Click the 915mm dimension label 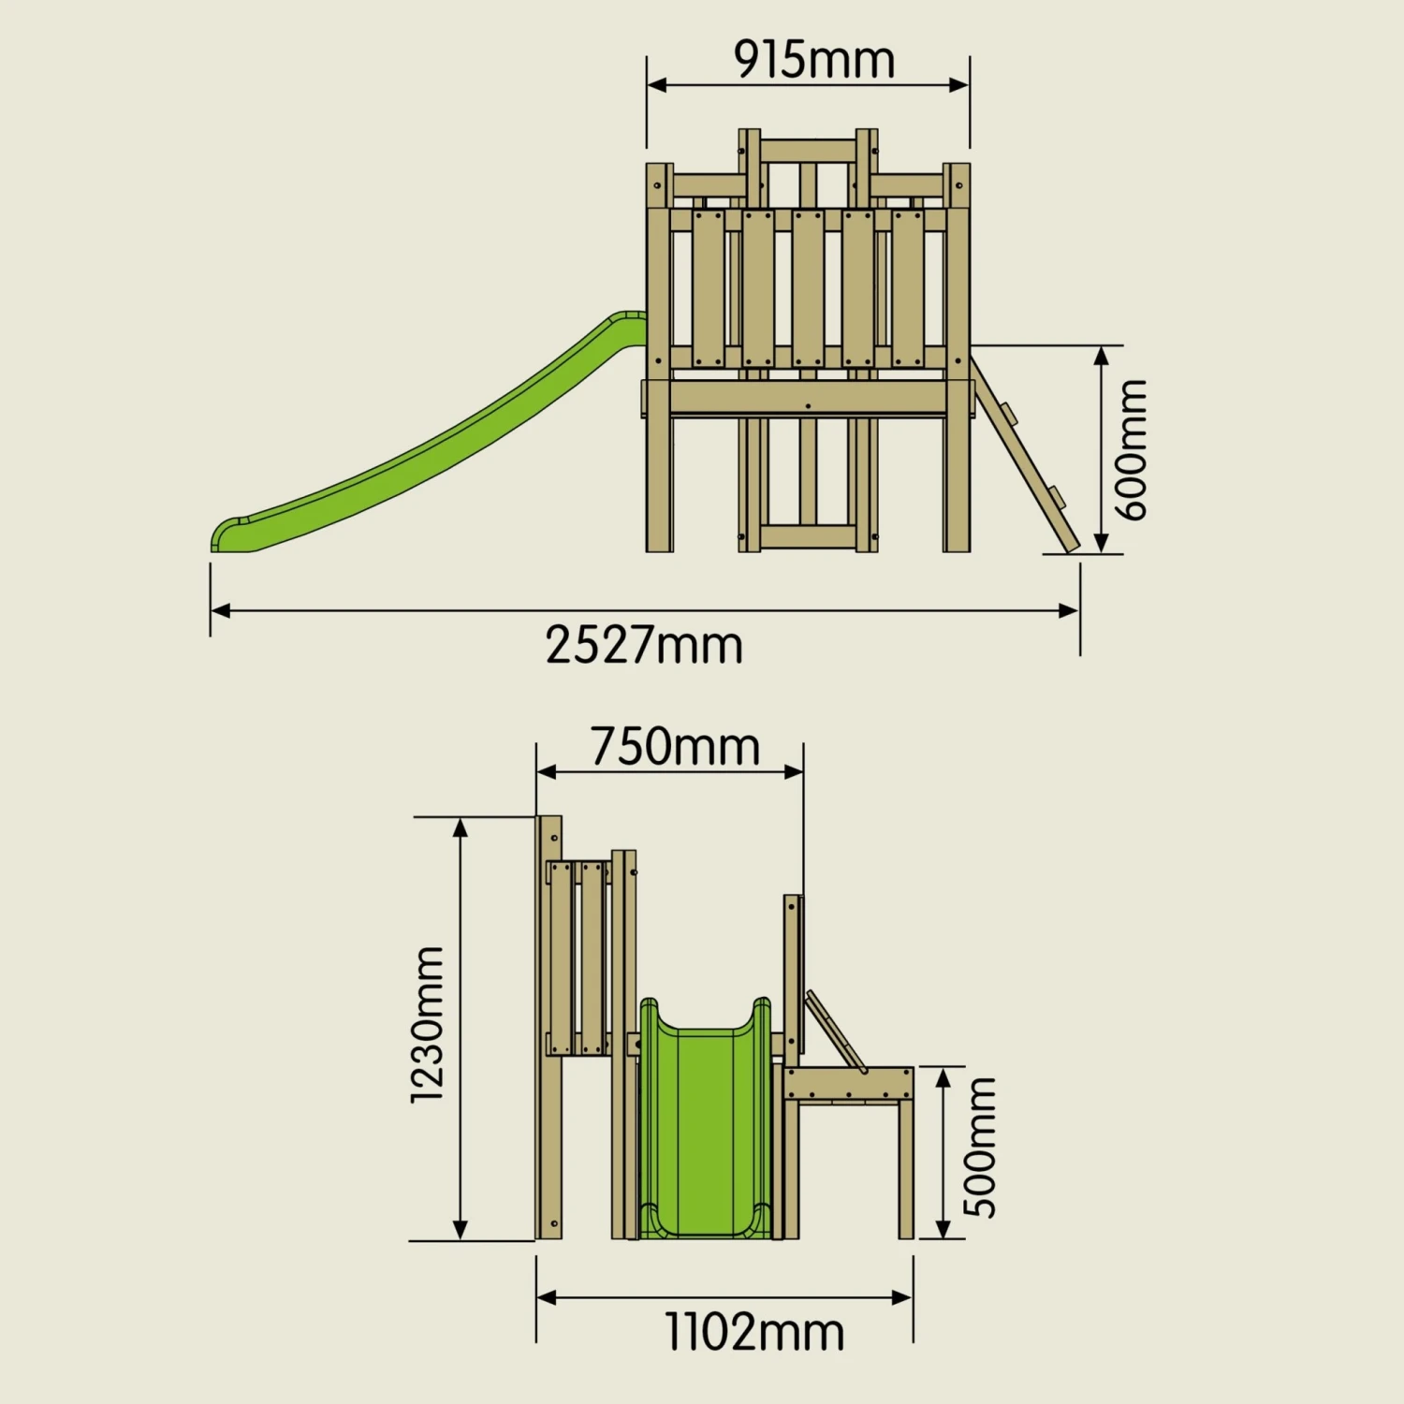click(813, 60)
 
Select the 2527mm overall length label click(644, 646)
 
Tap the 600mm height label click(1131, 449)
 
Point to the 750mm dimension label click(675, 747)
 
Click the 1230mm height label click(428, 1023)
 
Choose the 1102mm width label click(754, 1332)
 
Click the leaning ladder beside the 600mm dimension click(1026, 455)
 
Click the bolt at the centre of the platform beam click(808, 406)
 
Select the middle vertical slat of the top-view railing click(808, 288)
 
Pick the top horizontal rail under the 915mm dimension click(808, 150)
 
